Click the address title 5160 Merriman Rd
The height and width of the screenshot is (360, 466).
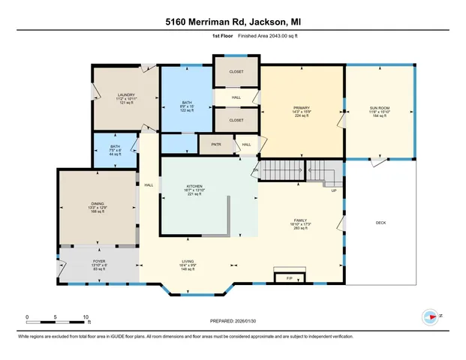point(233,22)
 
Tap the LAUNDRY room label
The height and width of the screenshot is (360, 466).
point(125,95)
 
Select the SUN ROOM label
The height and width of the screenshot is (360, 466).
point(379,108)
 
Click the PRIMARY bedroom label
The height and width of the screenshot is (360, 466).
point(302,108)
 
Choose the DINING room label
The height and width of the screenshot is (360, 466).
point(98,203)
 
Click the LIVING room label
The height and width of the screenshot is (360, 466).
point(188,261)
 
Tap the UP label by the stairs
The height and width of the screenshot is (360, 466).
point(334,190)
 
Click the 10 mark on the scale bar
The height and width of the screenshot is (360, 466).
point(86,316)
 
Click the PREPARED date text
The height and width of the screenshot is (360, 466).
point(232,321)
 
